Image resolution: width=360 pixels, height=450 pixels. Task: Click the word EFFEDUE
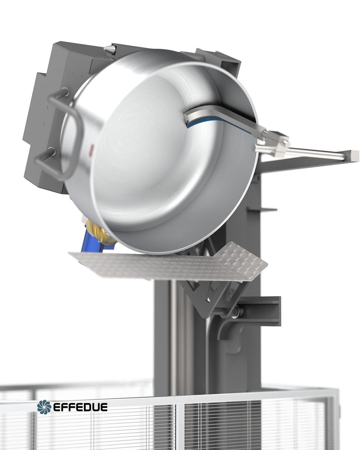pyautogui.click(x=80, y=407)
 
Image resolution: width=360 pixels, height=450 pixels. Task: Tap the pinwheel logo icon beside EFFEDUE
pyautogui.click(x=44, y=407)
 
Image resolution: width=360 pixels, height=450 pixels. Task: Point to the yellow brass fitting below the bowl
pyautogui.click(x=101, y=231)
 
